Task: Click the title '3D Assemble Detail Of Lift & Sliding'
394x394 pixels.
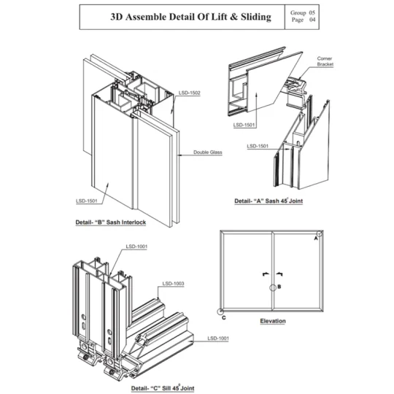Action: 190,17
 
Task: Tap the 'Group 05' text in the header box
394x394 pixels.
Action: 303,12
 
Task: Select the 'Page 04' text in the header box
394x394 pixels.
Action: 304,20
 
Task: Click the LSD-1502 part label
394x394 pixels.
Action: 190,93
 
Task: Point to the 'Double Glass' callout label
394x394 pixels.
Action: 208,152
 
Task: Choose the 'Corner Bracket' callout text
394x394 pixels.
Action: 325,61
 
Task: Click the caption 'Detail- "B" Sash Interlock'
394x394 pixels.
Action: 111,222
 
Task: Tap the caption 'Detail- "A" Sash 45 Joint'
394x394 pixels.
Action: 269,201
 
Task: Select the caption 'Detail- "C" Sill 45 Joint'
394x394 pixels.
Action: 163,388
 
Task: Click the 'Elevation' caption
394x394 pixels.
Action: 273,321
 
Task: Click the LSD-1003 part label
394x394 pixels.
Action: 173,284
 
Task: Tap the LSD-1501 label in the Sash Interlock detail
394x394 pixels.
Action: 86,201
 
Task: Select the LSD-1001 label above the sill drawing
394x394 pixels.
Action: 136,247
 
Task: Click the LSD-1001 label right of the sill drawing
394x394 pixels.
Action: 218,339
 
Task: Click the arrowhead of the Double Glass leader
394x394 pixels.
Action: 179,155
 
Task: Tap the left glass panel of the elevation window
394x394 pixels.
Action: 247,271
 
